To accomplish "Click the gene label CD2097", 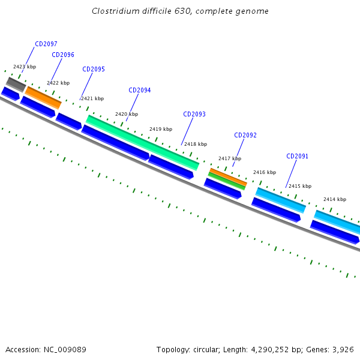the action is [x=46, y=44].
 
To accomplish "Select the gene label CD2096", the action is [x=63, y=55].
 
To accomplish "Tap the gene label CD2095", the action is [x=94, y=69].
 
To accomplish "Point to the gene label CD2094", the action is [x=140, y=90].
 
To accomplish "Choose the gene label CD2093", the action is [x=194, y=114].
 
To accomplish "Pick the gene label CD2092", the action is [x=245, y=135].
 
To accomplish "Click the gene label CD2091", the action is [x=298, y=156].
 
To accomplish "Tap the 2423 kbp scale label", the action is [x=25, y=67].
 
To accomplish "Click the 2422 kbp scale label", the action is [x=58, y=83].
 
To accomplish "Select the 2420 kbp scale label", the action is [x=127, y=114].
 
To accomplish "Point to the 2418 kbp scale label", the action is [x=196, y=144].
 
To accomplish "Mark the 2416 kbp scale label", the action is [x=265, y=172].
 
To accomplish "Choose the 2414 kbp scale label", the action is [x=335, y=199].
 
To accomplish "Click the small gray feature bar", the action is [x=16, y=84].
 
